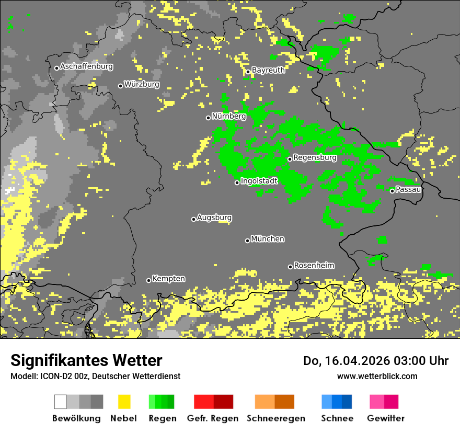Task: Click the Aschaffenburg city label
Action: tap(86, 66)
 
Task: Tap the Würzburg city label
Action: tap(142, 84)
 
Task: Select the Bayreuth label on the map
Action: tap(268, 70)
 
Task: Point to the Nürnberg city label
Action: tap(229, 116)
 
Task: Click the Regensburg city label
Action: tap(315, 157)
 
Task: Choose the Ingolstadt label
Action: tap(259, 181)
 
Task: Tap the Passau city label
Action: tap(408, 189)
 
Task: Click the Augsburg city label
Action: tap(214, 218)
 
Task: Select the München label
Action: tap(268, 239)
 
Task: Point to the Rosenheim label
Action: tap(314, 266)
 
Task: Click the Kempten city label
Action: tap(168, 279)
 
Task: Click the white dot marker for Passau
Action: tap(392, 191)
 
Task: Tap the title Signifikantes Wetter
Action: tap(86, 360)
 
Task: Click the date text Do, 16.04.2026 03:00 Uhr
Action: tap(376, 361)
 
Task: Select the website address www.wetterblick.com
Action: tap(377, 376)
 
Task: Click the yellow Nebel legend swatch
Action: tap(124, 402)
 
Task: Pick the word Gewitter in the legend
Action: tap(385, 418)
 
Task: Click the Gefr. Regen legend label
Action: tap(212, 418)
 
